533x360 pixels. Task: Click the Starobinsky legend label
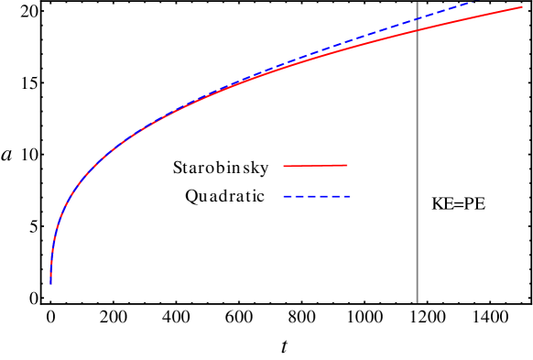click(x=221, y=168)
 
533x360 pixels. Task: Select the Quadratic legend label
click(x=225, y=196)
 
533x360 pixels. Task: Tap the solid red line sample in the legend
click(x=315, y=166)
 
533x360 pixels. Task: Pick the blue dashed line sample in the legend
click(x=317, y=197)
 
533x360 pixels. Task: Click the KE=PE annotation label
click(x=458, y=203)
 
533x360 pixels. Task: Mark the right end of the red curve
click(x=522, y=7)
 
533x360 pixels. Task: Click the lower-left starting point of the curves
click(x=51, y=283)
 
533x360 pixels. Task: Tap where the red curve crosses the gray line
click(x=417, y=30)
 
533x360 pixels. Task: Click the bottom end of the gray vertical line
click(x=417, y=302)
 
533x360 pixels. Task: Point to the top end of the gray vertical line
click(x=417, y=2)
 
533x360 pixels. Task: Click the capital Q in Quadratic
click(x=191, y=196)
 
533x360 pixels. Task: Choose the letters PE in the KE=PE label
click(x=474, y=203)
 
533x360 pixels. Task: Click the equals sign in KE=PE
click(x=458, y=203)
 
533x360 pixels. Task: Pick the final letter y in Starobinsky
click(x=264, y=169)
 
